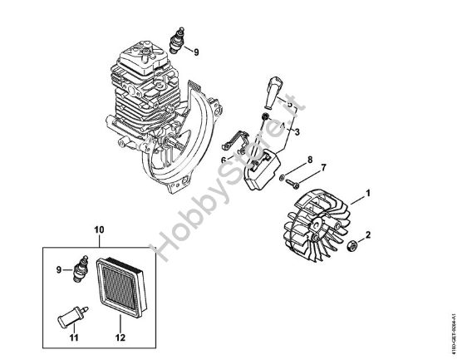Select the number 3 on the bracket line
[x=297, y=131]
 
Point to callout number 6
[x=223, y=160]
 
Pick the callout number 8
[x=309, y=159]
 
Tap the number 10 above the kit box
[x=99, y=228]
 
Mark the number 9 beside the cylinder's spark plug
[x=197, y=52]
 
